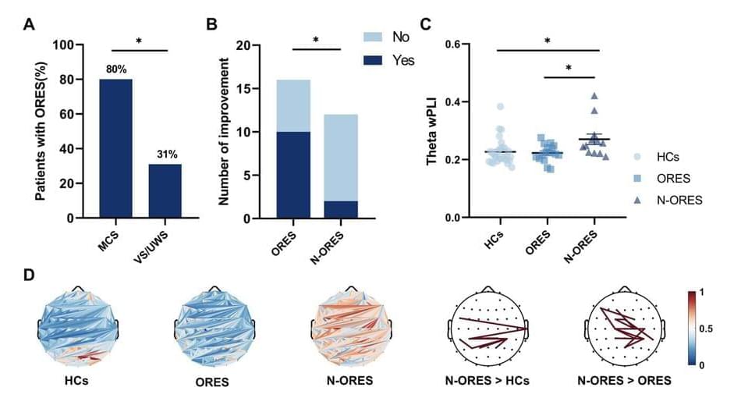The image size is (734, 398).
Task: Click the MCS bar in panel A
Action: click(x=115, y=148)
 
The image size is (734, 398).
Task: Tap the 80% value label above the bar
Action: click(x=115, y=69)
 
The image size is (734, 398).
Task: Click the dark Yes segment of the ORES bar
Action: click(x=293, y=175)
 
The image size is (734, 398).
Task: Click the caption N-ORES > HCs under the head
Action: click(x=489, y=382)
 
